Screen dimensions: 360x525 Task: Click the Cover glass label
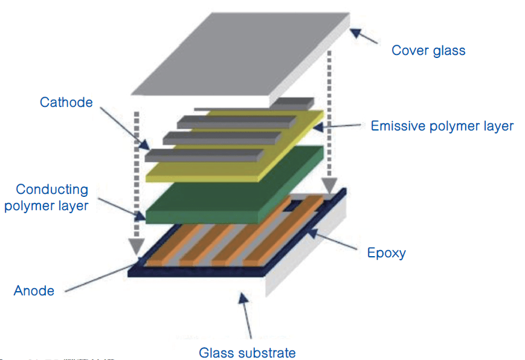(x=428, y=50)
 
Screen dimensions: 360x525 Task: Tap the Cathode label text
(x=66, y=102)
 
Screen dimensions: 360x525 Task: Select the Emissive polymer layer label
(x=442, y=126)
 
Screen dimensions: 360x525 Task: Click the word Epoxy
(x=387, y=252)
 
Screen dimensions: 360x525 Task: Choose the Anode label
(x=34, y=291)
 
